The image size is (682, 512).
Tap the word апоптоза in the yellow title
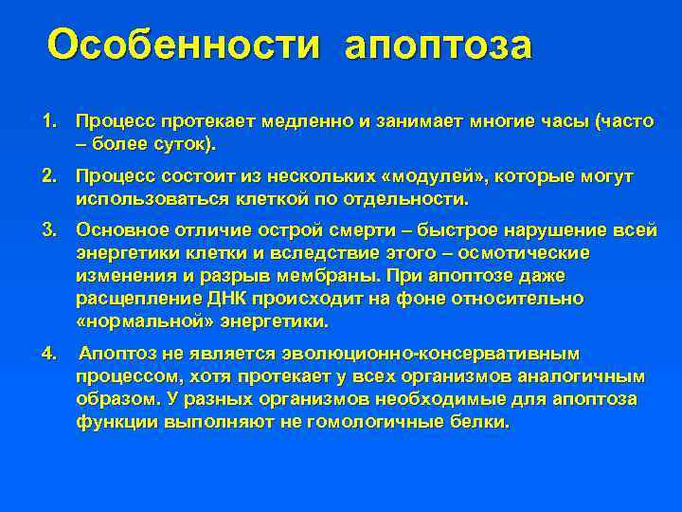click(x=439, y=46)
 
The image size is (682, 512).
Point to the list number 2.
click(x=47, y=177)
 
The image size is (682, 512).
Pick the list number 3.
click(x=47, y=230)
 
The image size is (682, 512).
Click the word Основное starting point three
click(x=120, y=230)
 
